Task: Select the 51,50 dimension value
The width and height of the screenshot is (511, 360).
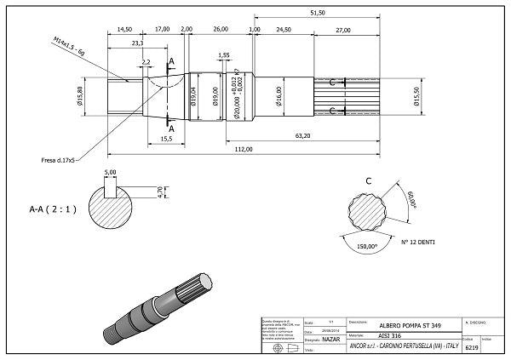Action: [x=319, y=13]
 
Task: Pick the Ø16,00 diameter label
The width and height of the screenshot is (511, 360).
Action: [x=278, y=94]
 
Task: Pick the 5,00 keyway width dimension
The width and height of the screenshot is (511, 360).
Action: [x=110, y=172]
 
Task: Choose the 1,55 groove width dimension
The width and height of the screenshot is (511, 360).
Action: [x=225, y=55]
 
